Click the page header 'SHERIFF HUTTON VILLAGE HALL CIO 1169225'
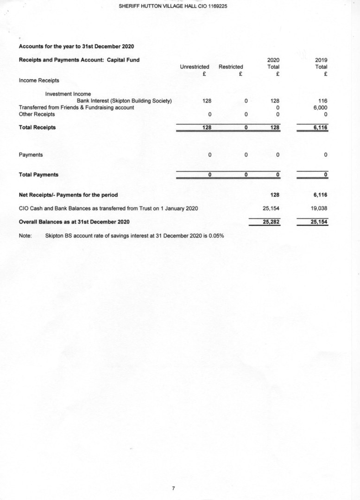coord(173,6)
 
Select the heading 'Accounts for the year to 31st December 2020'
coord(76,46)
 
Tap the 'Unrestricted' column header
coord(194,67)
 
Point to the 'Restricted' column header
coord(231,67)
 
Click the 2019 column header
coord(321,60)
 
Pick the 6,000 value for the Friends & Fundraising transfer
coord(320,107)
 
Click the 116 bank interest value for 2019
coord(323,100)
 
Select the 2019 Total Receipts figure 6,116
coord(320,127)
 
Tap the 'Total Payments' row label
coord(38,175)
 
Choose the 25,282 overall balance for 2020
coord(271,222)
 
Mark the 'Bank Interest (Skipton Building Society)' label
coord(124,100)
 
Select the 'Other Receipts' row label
coord(37,114)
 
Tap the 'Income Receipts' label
coord(39,81)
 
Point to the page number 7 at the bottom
coord(173,488)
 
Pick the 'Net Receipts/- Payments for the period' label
coord(68,194)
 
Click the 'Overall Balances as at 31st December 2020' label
coord(74,222)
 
